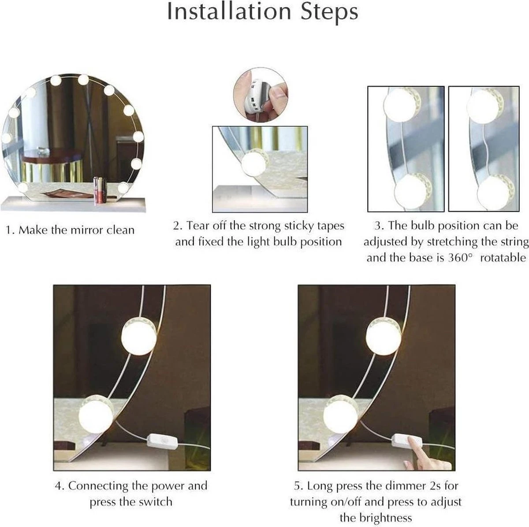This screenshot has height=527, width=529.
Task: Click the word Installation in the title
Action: (230, 12)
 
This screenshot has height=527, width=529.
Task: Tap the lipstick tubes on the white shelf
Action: (99, 190)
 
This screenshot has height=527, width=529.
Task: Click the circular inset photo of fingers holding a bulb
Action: (260, 95)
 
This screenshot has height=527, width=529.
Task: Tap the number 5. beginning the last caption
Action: (298, 486)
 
